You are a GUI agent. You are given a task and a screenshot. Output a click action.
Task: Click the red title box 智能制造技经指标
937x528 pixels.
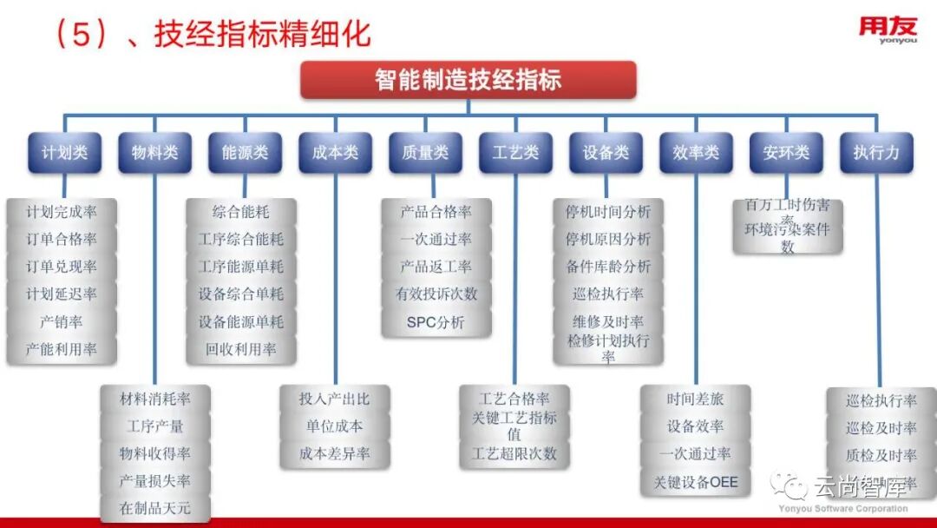click(468, 80)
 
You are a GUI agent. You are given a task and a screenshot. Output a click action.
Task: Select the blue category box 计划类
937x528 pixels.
click(64, 153)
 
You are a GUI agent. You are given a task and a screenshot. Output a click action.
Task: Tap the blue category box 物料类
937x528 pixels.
click(154, 153)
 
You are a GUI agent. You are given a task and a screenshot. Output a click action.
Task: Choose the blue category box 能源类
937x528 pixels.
click(245, 153)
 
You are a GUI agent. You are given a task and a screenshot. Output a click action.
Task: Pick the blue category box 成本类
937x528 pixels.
click(335, 153)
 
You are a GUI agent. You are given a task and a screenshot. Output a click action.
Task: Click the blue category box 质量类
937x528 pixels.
click(425, 153)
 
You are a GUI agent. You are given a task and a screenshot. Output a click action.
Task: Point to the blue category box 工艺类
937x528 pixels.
click(515, 153)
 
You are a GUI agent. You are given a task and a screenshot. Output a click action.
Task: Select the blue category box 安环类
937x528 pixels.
click(786, 153)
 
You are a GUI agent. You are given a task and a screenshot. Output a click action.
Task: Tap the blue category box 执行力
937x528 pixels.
click(876, 153)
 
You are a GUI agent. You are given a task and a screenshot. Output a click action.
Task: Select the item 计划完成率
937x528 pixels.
click(62, 212)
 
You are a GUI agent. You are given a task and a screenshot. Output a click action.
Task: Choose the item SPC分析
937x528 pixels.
click(436, 322)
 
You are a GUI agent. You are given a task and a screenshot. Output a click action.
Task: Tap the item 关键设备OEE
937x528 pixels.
click(696, 481)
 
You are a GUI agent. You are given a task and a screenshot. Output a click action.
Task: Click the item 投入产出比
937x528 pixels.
click(334, 399)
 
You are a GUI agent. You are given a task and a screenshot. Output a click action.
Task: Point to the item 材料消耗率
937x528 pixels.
click(154, 399)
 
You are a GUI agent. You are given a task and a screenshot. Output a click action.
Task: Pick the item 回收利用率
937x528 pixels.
click(241, 349)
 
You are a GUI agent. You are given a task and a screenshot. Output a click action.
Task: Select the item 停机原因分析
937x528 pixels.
click(607, 239)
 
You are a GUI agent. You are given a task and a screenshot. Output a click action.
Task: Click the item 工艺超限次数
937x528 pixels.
click(514, 454)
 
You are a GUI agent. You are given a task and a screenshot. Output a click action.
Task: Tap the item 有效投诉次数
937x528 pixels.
click(436, 294)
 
